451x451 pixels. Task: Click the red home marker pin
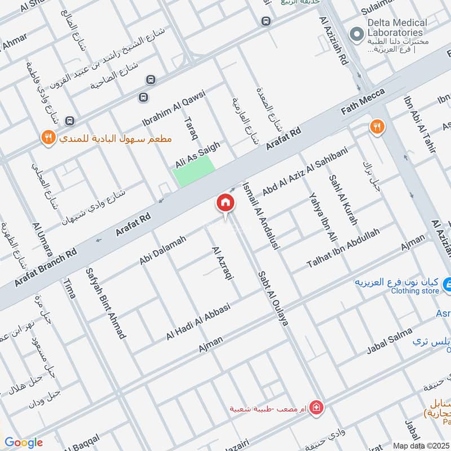[x=225, y=204]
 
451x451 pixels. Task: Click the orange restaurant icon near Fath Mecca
[x=377, y=127]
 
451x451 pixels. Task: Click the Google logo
[x=24, y=443]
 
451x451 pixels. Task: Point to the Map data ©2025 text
[x=420, y=445]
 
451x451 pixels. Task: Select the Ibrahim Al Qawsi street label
[x=174, y=108]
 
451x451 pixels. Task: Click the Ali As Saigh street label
[x=197, y=155]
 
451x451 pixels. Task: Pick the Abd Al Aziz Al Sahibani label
[x=306, y=170]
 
